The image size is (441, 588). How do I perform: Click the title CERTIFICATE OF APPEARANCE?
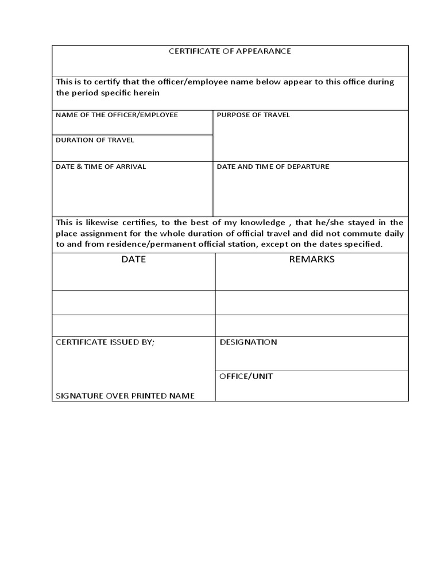point(230,51)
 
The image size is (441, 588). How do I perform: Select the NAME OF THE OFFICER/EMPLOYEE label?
point(117,115)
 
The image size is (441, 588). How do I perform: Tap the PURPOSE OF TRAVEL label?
point(253,115)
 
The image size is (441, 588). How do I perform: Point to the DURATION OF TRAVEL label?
point(95,140)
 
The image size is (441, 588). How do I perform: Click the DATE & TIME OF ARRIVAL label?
point(100,167)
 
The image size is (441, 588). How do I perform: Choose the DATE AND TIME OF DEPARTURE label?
point(273,167)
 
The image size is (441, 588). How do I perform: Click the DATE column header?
point(133,260)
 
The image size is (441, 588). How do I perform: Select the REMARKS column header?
point(311,260)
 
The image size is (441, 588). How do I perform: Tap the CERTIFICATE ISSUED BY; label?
point(105,342)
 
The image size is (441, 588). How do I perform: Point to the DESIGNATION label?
point(248,342)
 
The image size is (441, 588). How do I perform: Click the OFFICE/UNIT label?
point(246,377)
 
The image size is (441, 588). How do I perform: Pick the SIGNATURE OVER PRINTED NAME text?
point(125,396)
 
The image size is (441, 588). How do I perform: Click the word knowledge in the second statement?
point(262,223)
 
